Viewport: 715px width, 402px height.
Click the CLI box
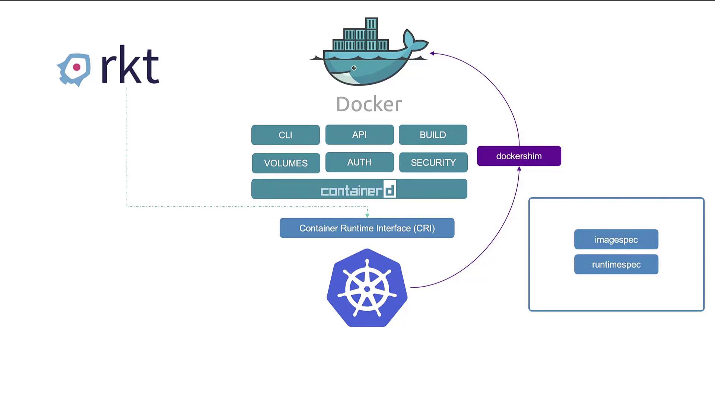pyautogui.click(x=285, y=135)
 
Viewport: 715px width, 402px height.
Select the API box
pyautogui.click(x=359, y=134)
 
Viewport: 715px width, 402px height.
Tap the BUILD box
pyautogui.click(x=433, y=134)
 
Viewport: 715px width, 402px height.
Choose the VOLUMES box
pyautogui.click(x=286, y=163)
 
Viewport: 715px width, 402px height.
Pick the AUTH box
pyautogui.click(x=359, y=162)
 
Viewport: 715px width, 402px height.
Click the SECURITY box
pyautogui.click(x=433, y=162)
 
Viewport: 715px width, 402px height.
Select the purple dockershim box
pyautogui.click(x=519, y=156)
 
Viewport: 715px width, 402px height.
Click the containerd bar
pyautogui.click(x=359, y=189)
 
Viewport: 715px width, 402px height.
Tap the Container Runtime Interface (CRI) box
pyautogui.click(x=367, y=228)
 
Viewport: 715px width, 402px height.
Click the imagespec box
pyautogui.click(x=616, y=239)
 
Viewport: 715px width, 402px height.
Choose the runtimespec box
pyautogui.click(x=616, y=264)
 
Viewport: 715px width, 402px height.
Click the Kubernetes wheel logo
pyautogui.click(x=367, y=288)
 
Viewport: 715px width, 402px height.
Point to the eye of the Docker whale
pyautogui.click(x=354, y=68)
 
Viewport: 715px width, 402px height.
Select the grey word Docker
pyautogui.click(x=369, y=104)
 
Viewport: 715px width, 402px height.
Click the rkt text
pyautogui.click(x=130, y=66)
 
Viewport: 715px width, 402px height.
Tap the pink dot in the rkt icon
pyautogui.click(x=77, y=67)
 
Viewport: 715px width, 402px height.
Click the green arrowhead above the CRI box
pyautogui.click(x=367, y=215)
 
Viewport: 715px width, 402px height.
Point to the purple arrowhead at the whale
pyautogui.click(x=432, y=53)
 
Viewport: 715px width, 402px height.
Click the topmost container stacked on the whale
pyautogui.click(x=371, y=23)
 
